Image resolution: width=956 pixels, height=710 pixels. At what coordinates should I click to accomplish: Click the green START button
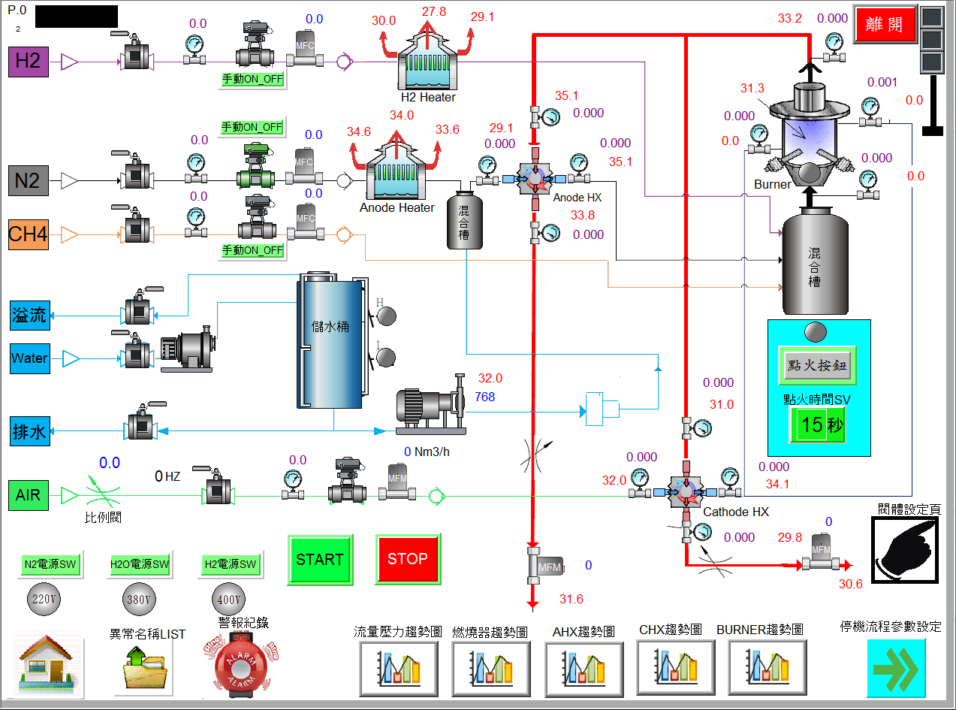[320, 560]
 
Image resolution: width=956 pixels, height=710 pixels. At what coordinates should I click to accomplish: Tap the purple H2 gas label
[28, 61]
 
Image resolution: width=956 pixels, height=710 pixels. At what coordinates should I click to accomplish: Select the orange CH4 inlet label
[28, 235]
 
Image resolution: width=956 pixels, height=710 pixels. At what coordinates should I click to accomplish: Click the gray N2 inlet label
[28, 181]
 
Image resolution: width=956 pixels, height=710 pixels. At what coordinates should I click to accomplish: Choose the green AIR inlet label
[28, 495]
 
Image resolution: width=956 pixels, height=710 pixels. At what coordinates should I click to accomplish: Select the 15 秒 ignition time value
[817, 425]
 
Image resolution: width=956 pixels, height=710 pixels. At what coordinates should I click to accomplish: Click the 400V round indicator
[231, 601]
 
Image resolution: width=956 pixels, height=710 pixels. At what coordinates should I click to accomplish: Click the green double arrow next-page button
[896, 668]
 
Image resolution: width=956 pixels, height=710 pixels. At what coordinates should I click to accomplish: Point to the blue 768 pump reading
[485, 397]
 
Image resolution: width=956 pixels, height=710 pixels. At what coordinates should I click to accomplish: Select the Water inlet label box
[29, 358]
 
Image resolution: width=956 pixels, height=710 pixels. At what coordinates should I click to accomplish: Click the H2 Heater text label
[428, 98]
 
